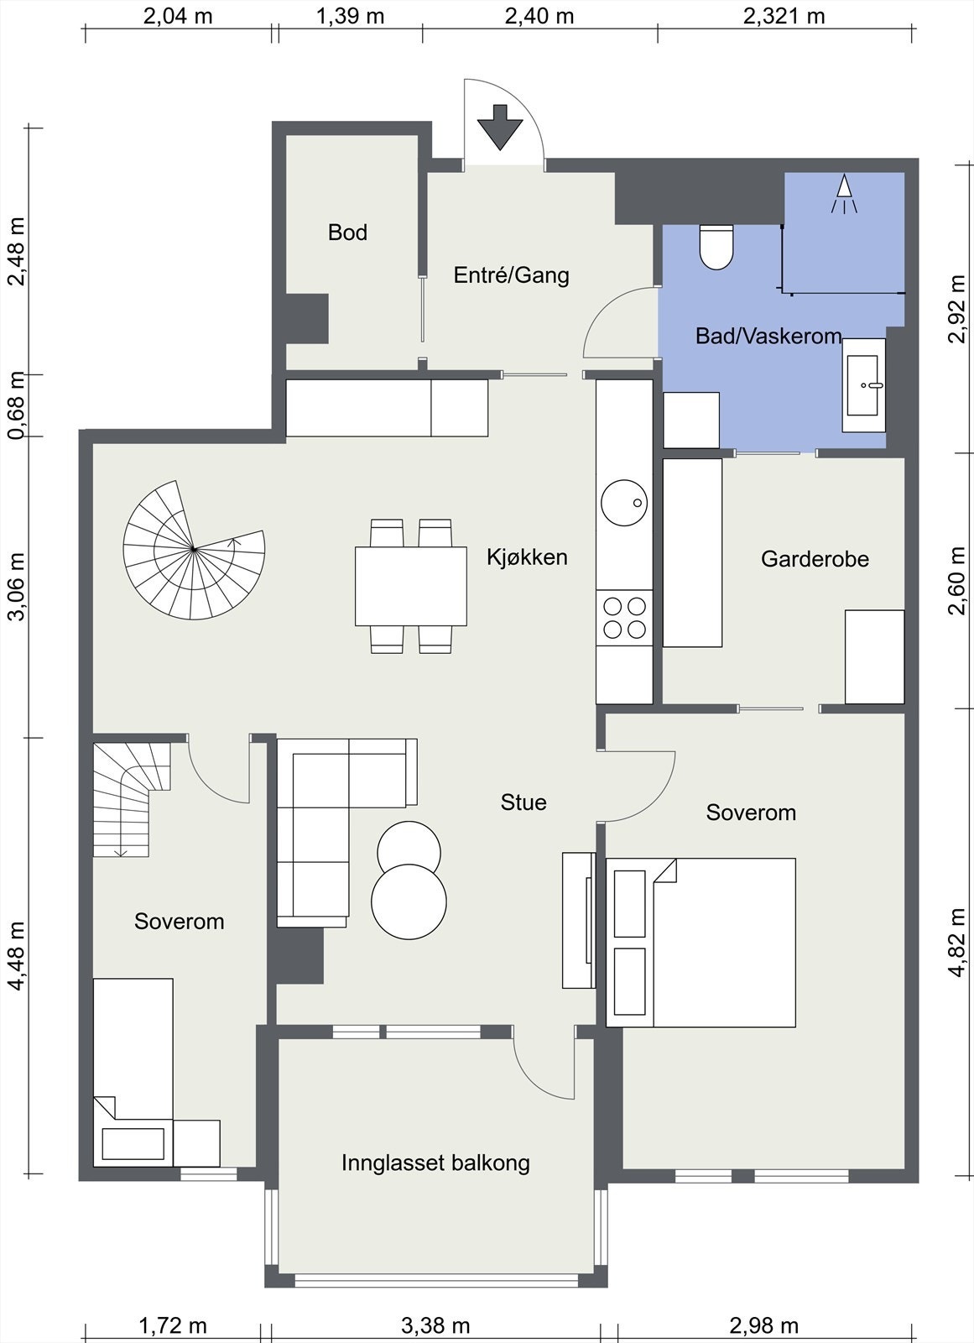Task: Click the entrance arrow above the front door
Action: [x=500, y=127]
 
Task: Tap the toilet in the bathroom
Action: [x=716, y=247]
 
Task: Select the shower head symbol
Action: [x=844, y=194]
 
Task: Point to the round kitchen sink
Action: [x=624, y=503]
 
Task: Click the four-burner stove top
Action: [x=624, y=618]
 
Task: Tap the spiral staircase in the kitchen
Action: [x=194, y=549]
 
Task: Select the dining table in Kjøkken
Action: [x=410, y=586]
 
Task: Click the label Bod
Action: [x=347, y=233]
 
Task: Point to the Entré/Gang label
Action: [x=511, y=275]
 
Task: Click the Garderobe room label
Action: [x=815, y=559]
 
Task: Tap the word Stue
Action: [x=523, y=802]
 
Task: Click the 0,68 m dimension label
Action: [x=16, y=405]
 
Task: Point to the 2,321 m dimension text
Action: [x=784, y=16]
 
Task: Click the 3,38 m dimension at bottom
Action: [x=435, y=1325]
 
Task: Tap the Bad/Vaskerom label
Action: [x=769, y=336]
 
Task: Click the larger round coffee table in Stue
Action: [x=409, y=901]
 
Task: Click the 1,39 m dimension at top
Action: [x=350, y=16]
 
